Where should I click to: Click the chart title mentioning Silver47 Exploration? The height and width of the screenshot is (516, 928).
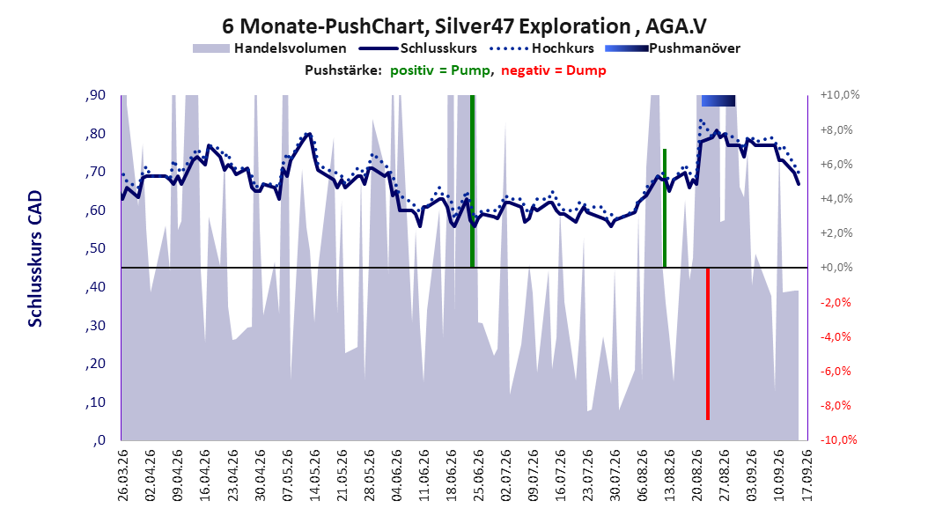(x=464, y=26)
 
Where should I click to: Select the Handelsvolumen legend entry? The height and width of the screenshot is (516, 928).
(x=270, y=48)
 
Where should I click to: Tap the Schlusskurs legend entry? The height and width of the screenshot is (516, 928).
(x=418, y=48)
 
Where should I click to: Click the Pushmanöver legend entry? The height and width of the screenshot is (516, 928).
(x=673, y=48)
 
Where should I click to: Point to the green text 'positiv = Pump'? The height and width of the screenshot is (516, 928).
(x=440, y=70)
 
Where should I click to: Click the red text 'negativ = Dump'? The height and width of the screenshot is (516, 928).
(x=554, y=70)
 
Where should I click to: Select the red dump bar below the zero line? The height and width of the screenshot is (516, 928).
(x=707, y=343)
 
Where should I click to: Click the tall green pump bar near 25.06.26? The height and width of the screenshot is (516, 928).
(x=472, y=181)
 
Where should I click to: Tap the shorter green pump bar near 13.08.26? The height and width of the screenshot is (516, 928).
(x=665, y=209)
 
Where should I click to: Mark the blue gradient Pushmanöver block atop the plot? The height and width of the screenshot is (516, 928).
(x=718, y=100)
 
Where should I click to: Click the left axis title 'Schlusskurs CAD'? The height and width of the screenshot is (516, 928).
(x=35, y=259)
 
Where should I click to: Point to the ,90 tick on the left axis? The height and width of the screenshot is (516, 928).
(x=95, y=95)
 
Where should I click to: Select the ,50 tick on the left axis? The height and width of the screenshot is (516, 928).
(x=95, y=248)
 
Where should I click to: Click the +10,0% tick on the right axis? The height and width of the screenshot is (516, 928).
(x=840, y=95)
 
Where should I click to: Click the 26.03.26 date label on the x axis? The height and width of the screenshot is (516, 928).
(x=122, y=475)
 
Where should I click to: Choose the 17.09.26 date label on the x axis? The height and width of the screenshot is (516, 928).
(x=806, y=475)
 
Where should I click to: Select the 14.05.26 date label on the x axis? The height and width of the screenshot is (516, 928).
(x=313, y=475)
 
